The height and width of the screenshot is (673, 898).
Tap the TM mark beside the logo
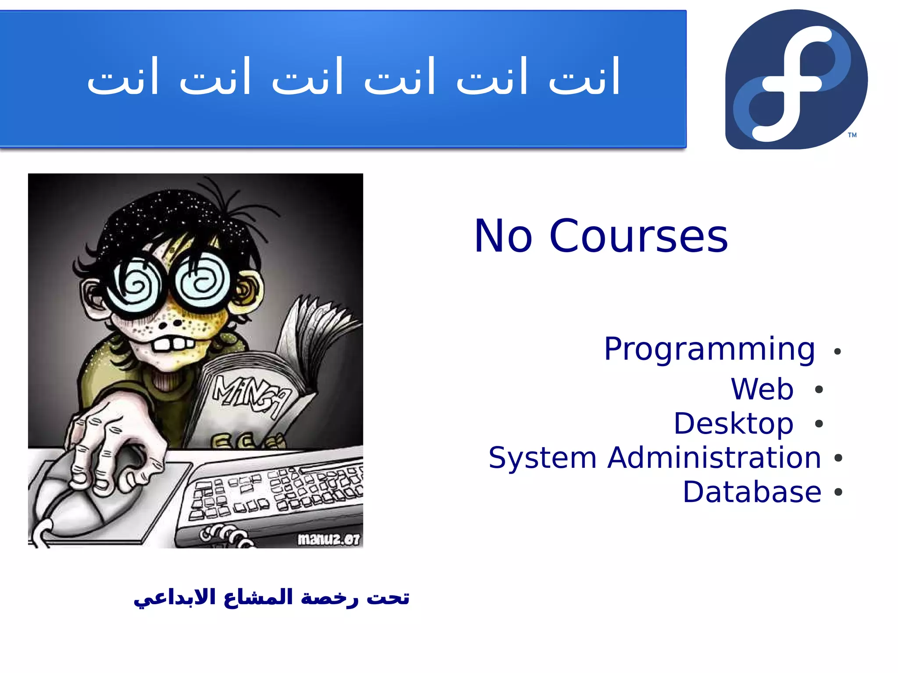click(852, 135)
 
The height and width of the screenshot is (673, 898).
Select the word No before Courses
click(503, 237)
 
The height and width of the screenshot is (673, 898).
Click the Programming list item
click(709, 349)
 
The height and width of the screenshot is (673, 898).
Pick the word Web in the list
click(762, 389)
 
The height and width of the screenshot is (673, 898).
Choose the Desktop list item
click(734, 424)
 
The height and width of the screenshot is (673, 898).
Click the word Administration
click(714, 458)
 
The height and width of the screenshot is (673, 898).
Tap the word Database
click(752, 492)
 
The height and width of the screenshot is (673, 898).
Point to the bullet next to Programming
click(837, 352)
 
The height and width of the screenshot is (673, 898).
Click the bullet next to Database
click(838, 492)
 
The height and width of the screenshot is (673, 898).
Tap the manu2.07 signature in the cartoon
click(328, 539)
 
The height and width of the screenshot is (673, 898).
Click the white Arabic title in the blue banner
click(353, 78)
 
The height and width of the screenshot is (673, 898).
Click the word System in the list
click(542, 458)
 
